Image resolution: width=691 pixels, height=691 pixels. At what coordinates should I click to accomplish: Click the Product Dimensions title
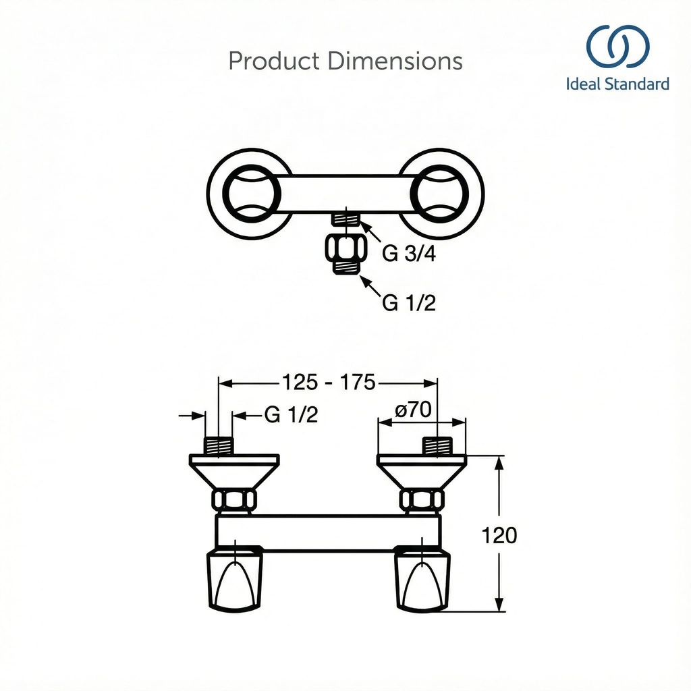click(x=345, y=61)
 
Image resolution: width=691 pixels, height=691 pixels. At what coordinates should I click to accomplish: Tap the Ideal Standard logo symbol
click(x=617, y=47)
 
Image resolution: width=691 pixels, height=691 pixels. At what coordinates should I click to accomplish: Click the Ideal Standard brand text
click(x=617, y=84)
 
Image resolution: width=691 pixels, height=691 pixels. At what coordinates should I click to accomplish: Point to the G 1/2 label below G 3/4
click(x=409, y=304)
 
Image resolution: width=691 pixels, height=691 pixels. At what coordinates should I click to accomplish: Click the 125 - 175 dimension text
click(x=329, y=383)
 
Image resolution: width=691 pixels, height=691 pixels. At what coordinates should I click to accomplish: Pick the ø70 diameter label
click(x=413, y=410)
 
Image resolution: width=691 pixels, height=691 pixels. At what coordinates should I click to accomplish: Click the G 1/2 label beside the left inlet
click(x=291, y=414)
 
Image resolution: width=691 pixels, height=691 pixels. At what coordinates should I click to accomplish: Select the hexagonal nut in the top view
click(x=346, y=247)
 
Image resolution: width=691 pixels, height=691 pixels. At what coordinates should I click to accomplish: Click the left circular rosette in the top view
click(x=249, y=192)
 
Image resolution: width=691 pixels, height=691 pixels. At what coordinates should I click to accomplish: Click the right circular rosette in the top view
click(x=442, y=192)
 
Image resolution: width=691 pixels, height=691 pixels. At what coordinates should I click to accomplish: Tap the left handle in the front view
click(x=234, y=578)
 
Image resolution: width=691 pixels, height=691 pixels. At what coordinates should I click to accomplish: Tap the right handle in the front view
click(x=422, y=578)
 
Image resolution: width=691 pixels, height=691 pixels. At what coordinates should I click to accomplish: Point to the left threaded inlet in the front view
click(x=218, y=446)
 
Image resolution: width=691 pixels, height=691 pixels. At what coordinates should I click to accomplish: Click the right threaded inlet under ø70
click(x=437, y=446)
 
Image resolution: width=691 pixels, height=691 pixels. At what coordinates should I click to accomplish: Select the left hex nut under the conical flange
click(x=234, y=500)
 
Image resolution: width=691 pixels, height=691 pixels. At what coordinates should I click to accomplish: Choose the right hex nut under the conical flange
click(x=422, y=500)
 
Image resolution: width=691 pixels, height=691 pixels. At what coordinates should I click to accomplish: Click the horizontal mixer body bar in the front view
click(x=328, y=531)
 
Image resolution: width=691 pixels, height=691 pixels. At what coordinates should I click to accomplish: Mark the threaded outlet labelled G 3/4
click(x=347, y=218)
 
